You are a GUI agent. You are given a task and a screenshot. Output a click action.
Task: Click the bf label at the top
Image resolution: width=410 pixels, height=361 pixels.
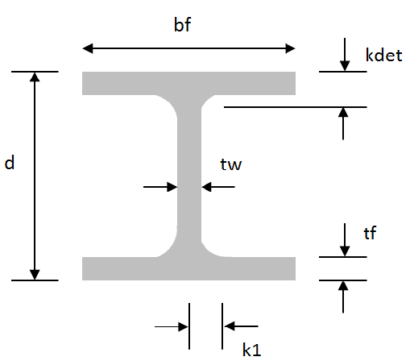182,25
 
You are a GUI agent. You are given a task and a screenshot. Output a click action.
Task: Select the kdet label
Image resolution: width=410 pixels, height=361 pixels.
383,56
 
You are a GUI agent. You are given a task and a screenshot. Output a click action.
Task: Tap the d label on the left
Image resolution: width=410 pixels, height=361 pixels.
10,163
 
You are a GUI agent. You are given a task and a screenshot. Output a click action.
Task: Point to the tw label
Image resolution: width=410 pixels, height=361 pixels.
231,164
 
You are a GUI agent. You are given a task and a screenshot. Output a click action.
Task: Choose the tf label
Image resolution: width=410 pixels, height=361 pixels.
370,233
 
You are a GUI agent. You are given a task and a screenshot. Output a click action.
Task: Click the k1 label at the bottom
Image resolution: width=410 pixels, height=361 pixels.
251,350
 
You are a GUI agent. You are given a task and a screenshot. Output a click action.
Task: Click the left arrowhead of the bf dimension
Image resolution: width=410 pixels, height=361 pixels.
88,48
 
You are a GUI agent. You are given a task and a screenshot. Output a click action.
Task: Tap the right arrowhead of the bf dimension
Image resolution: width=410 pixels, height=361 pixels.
290,48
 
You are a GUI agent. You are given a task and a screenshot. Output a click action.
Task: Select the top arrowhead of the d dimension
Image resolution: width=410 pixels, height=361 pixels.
35,77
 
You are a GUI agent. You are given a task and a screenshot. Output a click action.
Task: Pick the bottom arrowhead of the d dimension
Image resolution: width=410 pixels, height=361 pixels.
35,275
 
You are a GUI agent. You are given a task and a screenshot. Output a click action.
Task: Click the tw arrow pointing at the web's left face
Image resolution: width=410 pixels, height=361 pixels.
160,187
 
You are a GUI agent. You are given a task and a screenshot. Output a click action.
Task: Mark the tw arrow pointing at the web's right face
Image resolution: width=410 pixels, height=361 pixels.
218,187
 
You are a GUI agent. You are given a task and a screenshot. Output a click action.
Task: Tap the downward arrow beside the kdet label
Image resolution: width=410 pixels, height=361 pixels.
345,55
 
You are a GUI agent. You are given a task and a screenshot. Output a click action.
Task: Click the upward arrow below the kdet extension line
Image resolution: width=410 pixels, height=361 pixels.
343,123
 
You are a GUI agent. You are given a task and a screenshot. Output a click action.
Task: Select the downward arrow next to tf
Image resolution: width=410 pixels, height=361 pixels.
345,240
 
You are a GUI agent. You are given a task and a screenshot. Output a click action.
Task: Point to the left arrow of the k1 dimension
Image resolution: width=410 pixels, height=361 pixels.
172,326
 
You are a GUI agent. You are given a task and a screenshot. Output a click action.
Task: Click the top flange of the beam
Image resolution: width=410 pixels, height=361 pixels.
188,83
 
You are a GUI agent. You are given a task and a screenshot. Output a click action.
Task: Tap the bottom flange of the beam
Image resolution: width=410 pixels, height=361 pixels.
188,268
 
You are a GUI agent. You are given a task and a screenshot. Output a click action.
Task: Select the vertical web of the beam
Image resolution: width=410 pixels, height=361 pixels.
189,176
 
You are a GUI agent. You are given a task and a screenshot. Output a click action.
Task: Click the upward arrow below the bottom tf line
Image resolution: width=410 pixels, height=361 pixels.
343,297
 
